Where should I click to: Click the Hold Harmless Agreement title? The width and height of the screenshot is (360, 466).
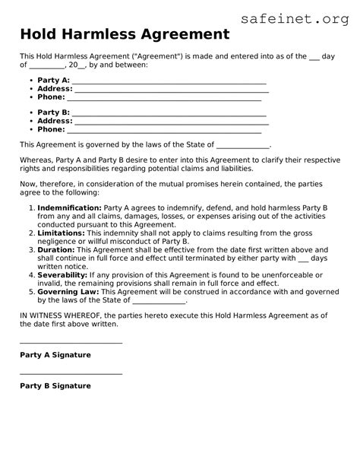125,34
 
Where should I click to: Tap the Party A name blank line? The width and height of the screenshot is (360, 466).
169,82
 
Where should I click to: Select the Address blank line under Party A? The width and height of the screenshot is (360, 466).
172,91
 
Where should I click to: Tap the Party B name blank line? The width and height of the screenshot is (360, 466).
169,115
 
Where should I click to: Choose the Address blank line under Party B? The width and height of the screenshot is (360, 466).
172,123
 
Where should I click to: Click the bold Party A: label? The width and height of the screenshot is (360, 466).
53,80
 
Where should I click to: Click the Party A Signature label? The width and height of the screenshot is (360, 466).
55,355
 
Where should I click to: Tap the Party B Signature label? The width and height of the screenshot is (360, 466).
55,386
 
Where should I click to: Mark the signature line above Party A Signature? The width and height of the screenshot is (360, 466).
71,344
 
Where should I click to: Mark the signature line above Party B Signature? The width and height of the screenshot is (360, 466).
71,374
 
